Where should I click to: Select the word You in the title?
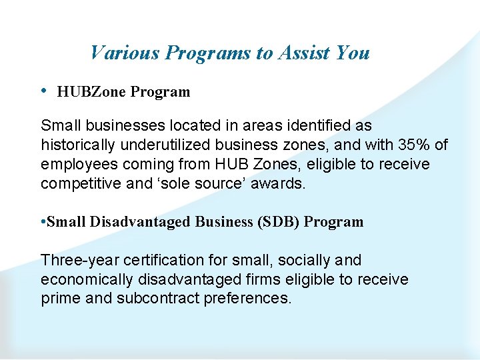[x=353, y=53]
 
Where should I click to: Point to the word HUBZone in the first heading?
[x=92, y=92]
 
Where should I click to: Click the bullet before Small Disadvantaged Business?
[x=43, y=222]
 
